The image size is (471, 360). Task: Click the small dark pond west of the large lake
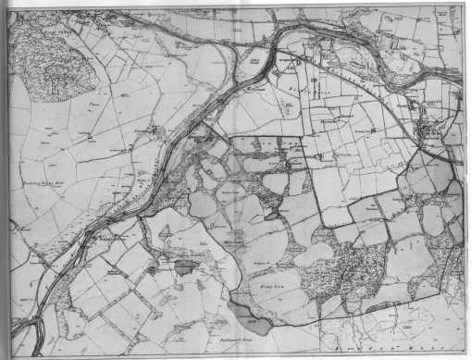[184, 266]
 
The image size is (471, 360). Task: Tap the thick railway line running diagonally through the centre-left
[176, 157]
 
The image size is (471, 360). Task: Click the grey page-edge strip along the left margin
[5, 185]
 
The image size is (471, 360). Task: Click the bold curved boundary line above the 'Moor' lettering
[370, 315]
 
